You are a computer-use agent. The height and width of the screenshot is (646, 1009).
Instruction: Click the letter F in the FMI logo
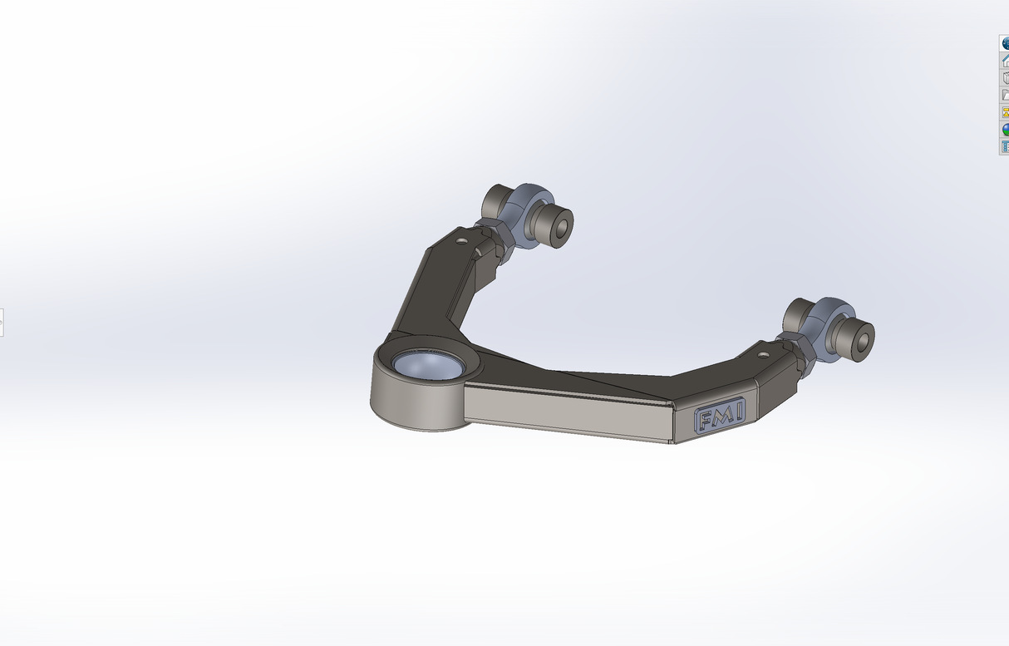[704, 420]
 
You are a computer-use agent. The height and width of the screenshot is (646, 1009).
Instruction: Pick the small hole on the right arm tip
[764, 353]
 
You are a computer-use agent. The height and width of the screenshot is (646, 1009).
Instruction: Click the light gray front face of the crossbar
[565, 412]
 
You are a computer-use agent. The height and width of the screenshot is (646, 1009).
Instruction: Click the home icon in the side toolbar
[1004, 60]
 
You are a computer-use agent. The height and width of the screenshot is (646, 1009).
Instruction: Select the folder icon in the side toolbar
[1004, 95]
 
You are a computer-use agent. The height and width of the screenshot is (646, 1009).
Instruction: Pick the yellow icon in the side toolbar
[1004, 112]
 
